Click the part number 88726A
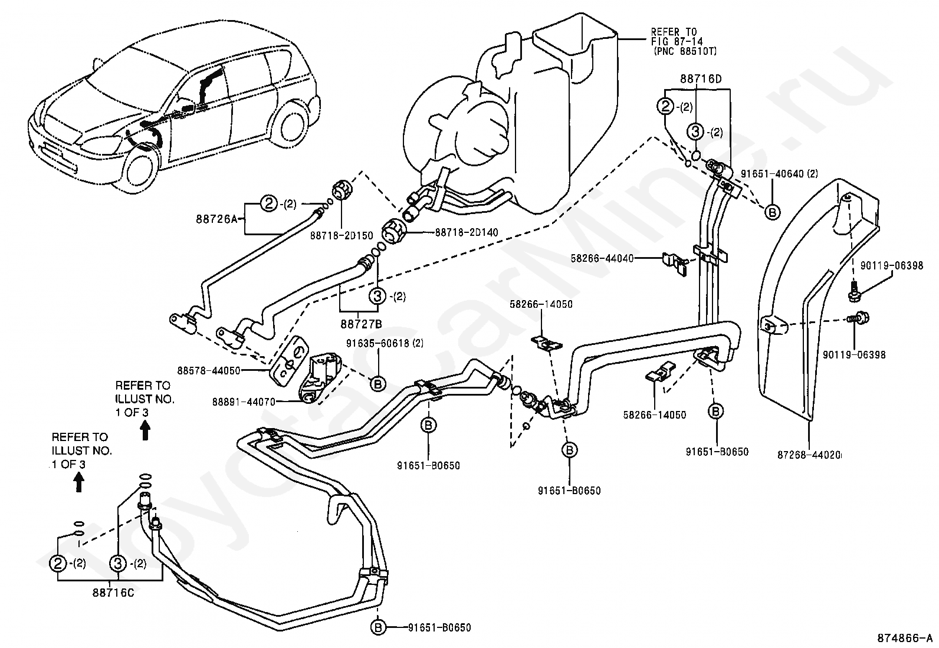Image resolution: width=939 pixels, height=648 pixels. (216, 219)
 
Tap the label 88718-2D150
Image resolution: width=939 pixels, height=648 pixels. (342, 236)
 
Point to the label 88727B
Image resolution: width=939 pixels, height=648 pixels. (361, 324)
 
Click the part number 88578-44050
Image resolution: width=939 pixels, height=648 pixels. (209, 370)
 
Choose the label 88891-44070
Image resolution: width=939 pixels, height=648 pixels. (244, 402)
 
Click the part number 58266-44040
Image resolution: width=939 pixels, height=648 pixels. (602, 258)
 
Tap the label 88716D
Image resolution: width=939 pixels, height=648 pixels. (701, 79)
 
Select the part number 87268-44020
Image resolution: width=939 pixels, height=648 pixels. (809, 455)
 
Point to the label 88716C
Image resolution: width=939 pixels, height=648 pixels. (113, 594)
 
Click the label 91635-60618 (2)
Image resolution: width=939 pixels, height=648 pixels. (385, 343)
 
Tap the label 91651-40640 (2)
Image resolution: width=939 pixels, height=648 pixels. (779, 173)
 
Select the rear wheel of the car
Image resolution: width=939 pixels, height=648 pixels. (291, 125)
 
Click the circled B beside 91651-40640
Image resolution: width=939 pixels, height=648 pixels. (772, 212)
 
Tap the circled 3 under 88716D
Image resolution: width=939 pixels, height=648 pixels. (695, 133)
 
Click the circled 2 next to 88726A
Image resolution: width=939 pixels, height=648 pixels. (269, 203)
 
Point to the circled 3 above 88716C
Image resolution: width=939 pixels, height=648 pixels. (118, 564)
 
